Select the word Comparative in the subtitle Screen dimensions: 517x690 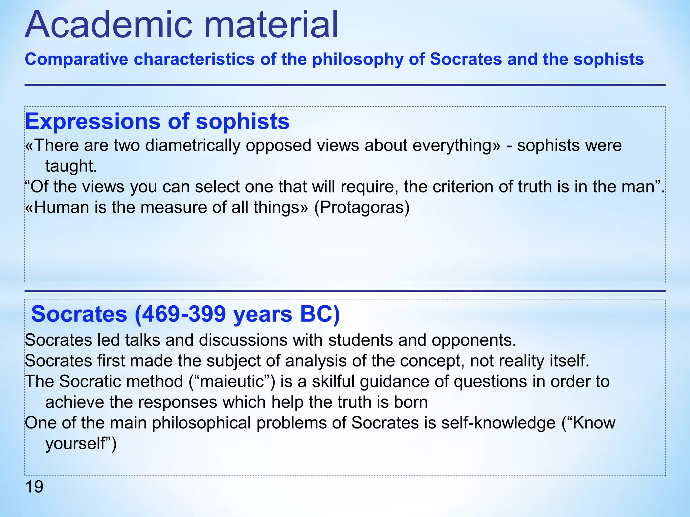point(76,60)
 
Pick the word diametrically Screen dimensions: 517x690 point(192,145)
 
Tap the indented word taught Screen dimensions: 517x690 point(71,166)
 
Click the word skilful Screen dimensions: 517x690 point(333,381)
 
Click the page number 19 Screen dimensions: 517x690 point(34,487)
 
